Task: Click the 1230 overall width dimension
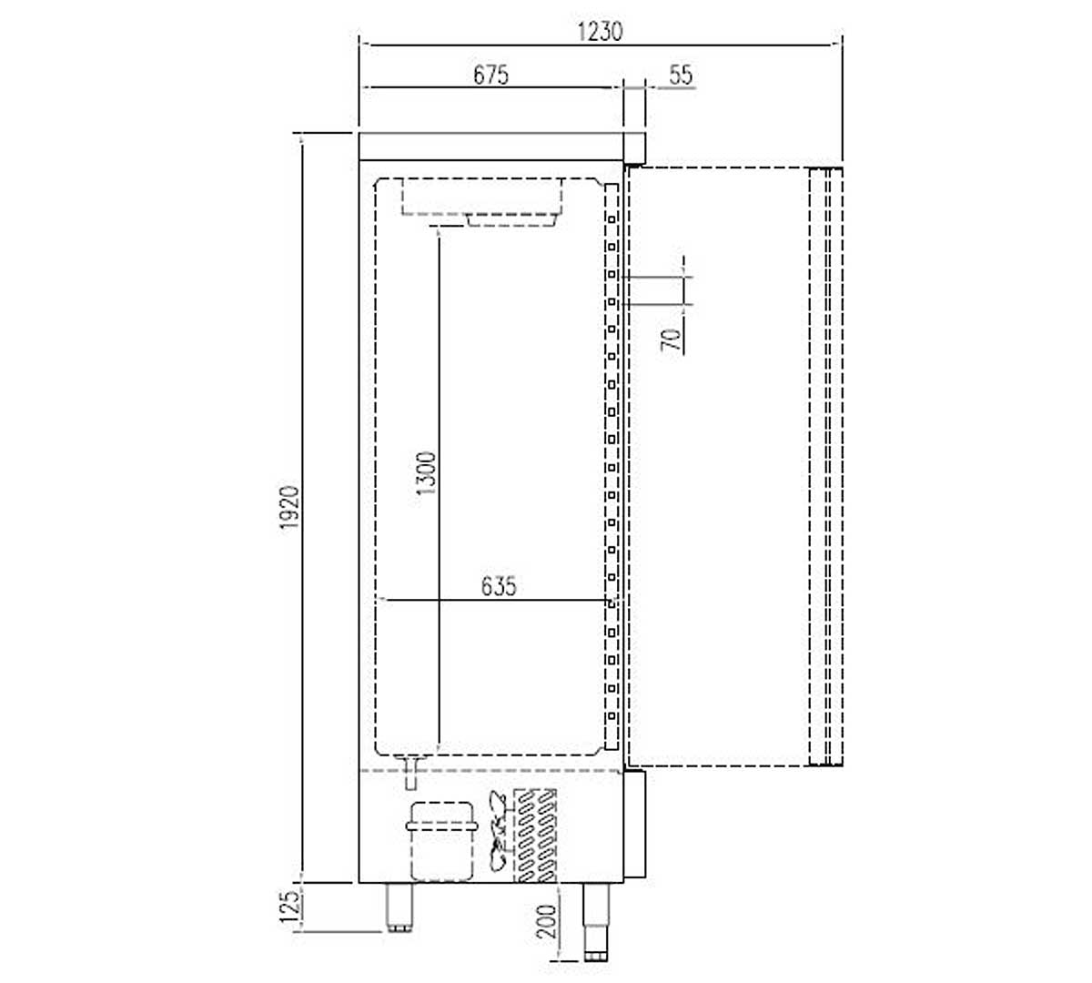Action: tap(600, 32)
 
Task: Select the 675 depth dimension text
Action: tap(491, 76)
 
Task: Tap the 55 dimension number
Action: tap(681, 76)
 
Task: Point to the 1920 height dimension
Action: tap(289, 508)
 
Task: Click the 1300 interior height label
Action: tap(426, 473)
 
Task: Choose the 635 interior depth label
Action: tap(499, 586)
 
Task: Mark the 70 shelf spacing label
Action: tap(672, 339)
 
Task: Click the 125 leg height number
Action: tap(289, 907)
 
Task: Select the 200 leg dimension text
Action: tap(547, 922)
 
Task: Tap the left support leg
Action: tap(399, 907)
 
